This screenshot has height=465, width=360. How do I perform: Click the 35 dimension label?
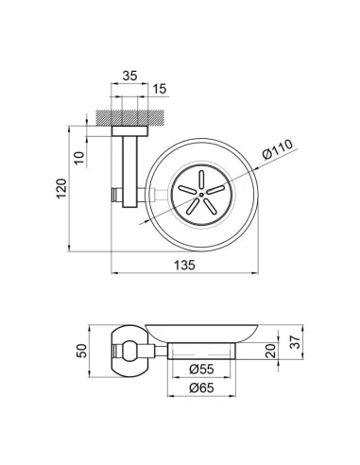pos(130,76)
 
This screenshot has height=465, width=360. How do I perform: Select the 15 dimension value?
pos(159,89)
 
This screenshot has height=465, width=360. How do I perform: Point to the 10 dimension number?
pos(80,158)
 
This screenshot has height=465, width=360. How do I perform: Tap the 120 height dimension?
pos(61,188)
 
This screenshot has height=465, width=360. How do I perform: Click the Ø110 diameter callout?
pos(277,149)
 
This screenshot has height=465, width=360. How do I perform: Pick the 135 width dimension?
pos(184,266)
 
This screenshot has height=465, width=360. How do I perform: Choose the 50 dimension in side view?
pos(81,351)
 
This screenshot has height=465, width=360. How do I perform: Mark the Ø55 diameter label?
pos(201,369)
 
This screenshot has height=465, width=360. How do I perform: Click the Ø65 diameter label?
pos(201,387)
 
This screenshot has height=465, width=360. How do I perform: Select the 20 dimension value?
pos(270,351)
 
